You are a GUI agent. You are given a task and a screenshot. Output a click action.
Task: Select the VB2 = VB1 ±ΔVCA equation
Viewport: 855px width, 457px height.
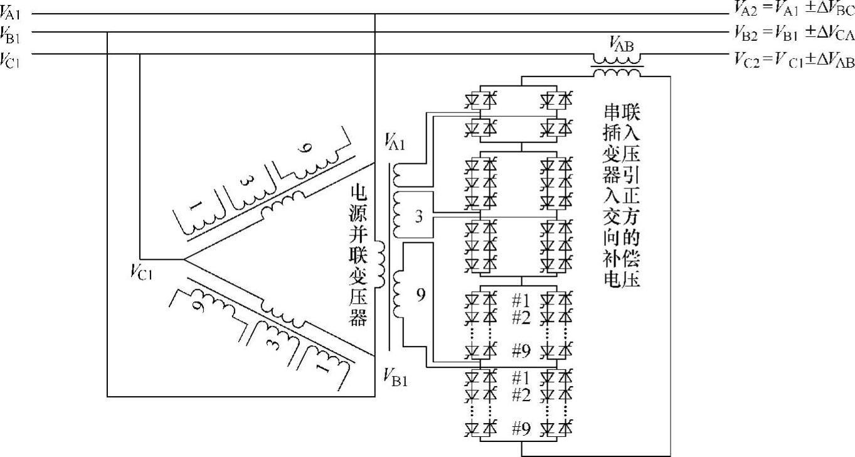[x=794, y=33]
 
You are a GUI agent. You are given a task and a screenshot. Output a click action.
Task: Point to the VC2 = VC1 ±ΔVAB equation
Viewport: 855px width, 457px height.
[x=794, y=60]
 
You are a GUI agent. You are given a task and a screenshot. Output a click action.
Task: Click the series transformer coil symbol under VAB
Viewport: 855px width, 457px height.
[x=617, y=66]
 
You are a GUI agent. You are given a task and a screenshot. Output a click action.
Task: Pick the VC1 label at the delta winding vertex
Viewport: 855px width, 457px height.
[x=142, y=272]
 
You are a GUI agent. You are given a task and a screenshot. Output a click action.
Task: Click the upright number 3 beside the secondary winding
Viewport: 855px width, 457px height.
[x=419, y=217]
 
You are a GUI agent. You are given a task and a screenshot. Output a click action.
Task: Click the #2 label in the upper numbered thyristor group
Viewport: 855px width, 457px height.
[x=521, y=318]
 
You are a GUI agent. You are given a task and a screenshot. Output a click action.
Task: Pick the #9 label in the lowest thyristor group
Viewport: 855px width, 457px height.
[x=521, y=429]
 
